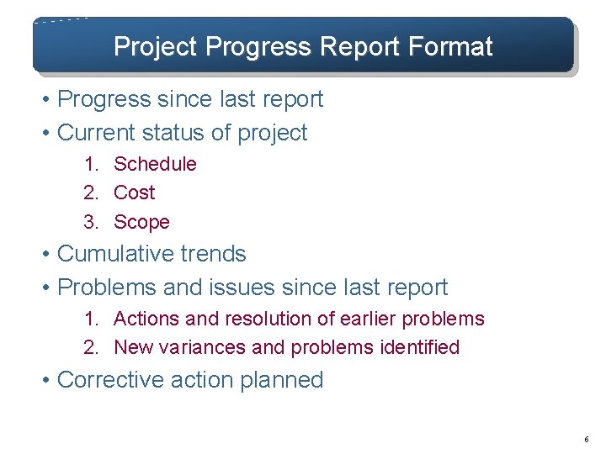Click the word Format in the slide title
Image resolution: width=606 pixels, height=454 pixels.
[451, 46]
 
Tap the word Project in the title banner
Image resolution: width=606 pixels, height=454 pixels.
[157, 46]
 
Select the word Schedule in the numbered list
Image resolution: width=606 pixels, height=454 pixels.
[155, 164]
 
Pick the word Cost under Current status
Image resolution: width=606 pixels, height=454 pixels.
[135, 193]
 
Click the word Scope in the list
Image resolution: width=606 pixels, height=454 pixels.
[141, 222]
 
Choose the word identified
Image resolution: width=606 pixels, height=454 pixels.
[419, 347]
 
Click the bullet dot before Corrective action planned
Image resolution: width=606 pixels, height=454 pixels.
[48, 381]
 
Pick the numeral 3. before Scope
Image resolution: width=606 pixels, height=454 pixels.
[91, 222]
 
